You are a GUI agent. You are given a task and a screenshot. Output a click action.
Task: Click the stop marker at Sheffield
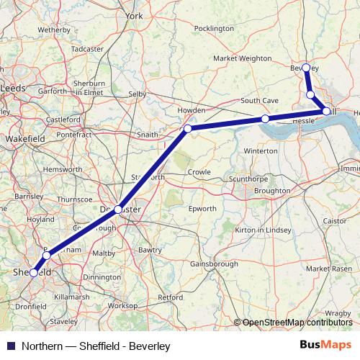coord(33,273)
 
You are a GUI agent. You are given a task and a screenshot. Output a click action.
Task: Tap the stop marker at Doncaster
coord(118,209)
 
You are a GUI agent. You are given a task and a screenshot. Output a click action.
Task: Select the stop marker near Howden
coord(187,129)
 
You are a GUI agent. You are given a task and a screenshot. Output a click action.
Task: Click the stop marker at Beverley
coord(306,68)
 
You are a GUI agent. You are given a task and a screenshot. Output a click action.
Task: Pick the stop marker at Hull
coord(327,111)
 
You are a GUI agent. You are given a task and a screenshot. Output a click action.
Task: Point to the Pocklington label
coord(214,28)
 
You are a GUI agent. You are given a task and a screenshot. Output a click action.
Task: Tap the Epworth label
coord(201,209)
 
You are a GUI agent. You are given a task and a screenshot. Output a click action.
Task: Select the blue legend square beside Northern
coord(8,346)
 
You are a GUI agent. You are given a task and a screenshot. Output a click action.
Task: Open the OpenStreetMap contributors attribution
coord(295,323)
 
